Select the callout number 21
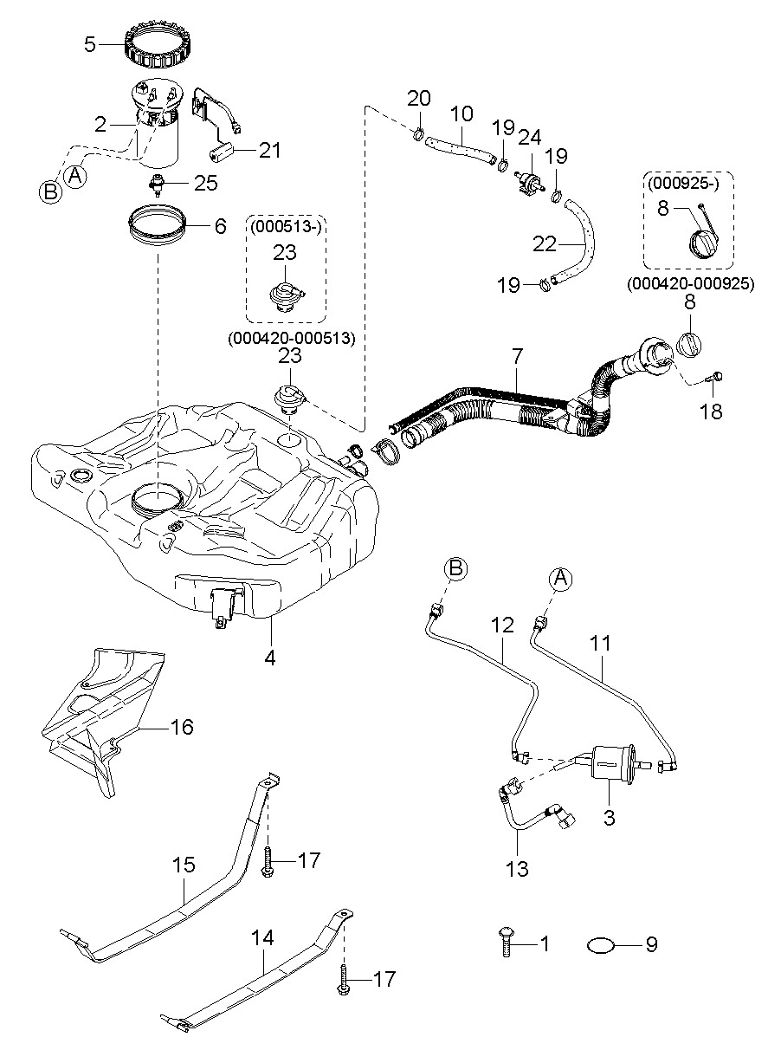coord(270,150)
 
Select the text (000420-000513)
coord(292,339)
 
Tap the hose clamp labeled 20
coord(418,133)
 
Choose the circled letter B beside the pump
coord(50,191)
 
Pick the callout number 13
coord(517,868)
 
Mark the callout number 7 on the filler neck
coord(517,354)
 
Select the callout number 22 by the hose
coord(544,244)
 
